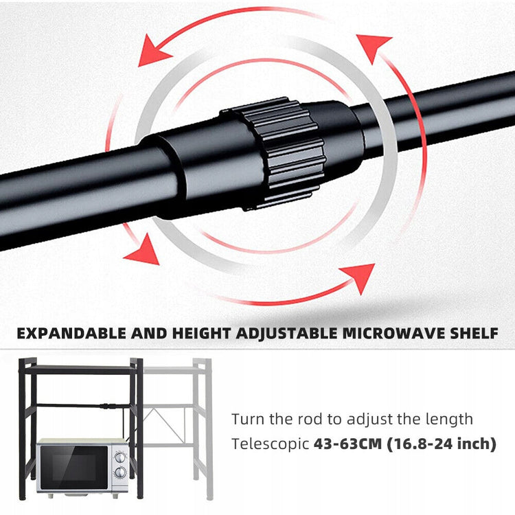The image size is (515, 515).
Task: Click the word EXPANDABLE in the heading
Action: coord(71,333)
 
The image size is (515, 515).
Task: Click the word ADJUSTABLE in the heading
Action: coord(287,334)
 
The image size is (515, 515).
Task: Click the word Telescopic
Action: coord(271,444)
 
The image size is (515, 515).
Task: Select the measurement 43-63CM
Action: coord(348,444)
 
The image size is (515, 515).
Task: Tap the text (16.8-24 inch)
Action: coord(442,444)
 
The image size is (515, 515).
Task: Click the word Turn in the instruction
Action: coord(248,419)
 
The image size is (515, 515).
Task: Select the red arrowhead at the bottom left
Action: coord(144,251)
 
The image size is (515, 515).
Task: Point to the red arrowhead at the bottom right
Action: coord(360,276)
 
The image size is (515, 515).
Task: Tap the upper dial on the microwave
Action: coord(120,457)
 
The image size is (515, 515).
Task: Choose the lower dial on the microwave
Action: coord(120,472)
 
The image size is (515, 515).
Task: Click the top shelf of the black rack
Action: coord(80,370)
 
